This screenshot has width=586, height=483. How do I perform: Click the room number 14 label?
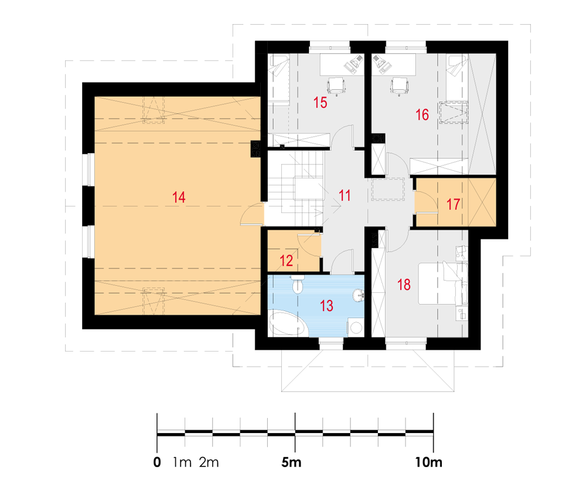click(x=179, y=197)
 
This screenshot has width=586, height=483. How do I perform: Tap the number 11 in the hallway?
click(x=345, y=195)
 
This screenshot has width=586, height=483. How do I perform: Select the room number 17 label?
click(x=454, y=204)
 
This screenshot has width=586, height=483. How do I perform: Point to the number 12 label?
click(x=287, y=261)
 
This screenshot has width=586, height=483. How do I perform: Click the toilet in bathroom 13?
click(x=298, y=285)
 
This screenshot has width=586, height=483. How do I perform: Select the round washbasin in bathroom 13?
click(x=359, y=295)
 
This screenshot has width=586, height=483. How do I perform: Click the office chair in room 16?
click(x=399, y=86)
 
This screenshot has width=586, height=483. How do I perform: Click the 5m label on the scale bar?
click(x=291, y=462)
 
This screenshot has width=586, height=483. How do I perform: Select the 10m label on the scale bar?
click(x=429, y=462)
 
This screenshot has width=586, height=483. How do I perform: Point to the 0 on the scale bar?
click(x=157, y=462)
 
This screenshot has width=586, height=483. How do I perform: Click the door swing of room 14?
click(x=253, y=214)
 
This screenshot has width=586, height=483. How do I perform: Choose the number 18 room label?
click(x=404, y=285)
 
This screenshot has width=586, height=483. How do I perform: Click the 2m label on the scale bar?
click(x=209, y=462)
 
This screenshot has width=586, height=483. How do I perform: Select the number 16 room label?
click(x=423, y=114)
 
